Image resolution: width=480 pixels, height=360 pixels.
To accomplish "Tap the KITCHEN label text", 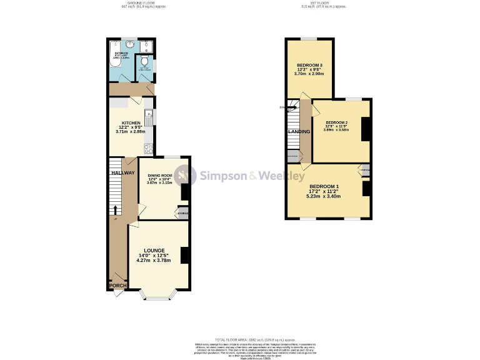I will point(131,122).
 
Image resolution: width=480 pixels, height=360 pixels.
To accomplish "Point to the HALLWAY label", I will point(121,172).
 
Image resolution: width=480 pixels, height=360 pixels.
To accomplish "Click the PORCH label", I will point(117,286).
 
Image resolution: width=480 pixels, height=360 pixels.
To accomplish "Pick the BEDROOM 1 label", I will point(324,186).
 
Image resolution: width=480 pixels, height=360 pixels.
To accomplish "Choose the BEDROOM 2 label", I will point(336,122).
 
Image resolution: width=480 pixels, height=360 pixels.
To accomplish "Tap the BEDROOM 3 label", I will point(309,66).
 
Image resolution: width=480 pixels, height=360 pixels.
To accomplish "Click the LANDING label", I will point(299,132).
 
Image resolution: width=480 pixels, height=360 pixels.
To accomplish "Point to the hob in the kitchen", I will point(149,149).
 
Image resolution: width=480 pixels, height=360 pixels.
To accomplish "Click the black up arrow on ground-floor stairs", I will point(115,209).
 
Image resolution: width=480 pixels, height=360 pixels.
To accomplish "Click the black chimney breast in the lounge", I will point(185,256).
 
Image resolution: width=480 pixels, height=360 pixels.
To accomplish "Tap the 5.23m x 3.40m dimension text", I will point(324,196).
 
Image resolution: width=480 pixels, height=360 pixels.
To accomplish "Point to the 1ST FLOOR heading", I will point(323,4).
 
